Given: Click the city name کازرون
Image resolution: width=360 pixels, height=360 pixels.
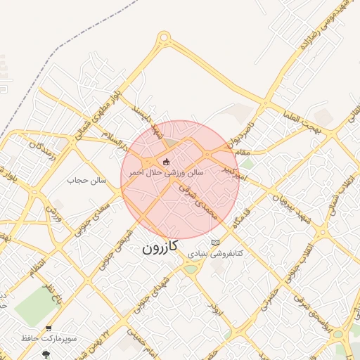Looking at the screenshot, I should tap(160, 247).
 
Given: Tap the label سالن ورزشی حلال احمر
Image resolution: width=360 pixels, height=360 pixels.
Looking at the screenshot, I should tap(166, 172).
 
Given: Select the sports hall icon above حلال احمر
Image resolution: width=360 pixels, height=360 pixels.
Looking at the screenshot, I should tap(166, 163).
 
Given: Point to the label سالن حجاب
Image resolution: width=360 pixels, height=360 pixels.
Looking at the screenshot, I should tap(86, 181).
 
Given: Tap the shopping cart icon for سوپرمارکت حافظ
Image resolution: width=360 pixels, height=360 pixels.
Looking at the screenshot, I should tap(48, 328).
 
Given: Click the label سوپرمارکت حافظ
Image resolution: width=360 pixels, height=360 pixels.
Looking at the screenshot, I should tap(49, 338).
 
